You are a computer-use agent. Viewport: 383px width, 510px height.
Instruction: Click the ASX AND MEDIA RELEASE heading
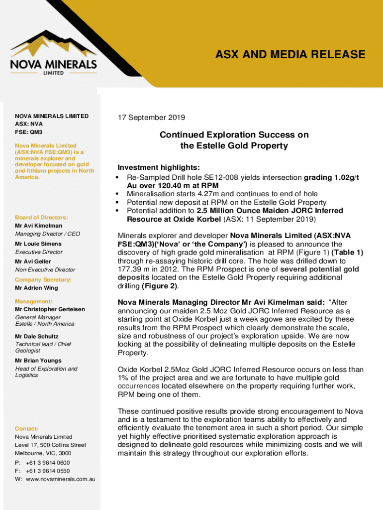[x=290, y=54]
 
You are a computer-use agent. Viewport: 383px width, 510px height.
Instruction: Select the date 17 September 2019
[x=151, y=118]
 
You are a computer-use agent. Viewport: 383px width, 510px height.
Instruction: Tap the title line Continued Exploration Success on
[x=234, y=135]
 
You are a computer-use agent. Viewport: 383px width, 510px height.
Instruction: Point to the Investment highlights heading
[x=158, y=167]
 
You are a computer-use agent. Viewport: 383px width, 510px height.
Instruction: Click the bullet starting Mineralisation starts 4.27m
[x=222, y=194]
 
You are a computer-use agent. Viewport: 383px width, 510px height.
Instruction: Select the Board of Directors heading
[x=41, y=218]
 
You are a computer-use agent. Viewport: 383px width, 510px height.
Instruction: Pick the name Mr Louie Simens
[x=38, y=244]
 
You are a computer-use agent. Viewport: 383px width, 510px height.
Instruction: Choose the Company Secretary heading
[x=43, y=280]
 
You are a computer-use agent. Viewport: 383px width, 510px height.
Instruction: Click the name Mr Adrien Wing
[x=36, y=288]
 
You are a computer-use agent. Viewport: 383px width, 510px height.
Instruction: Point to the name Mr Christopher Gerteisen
[x=50, y=309]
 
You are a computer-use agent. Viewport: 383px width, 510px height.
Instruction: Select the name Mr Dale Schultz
[x=37, y=336]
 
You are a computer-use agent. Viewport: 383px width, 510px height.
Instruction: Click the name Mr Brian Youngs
[x=38, y=361]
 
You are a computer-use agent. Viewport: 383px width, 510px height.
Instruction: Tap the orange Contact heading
[x=27, y=428]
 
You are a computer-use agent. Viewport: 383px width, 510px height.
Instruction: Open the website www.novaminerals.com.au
[x=60, y=479]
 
